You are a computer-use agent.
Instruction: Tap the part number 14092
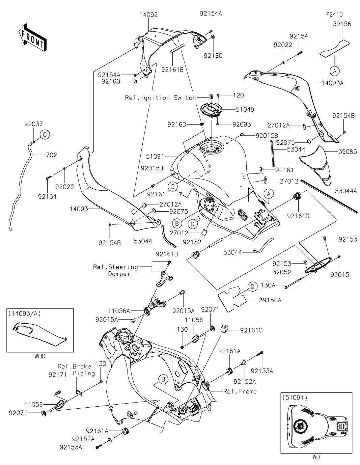coord(149,15)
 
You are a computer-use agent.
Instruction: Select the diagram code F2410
coord(334,15)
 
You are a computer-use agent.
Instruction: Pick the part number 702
coord(52,155)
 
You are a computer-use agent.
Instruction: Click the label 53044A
coord(346,191)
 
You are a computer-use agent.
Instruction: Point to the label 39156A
coord(270,300)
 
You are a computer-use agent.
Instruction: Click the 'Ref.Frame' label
coord(240,391)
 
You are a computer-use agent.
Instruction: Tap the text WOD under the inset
coord(39,356)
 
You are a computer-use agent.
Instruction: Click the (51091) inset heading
coord(293,397)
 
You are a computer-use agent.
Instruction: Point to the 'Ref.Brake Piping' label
coord(76,370)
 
